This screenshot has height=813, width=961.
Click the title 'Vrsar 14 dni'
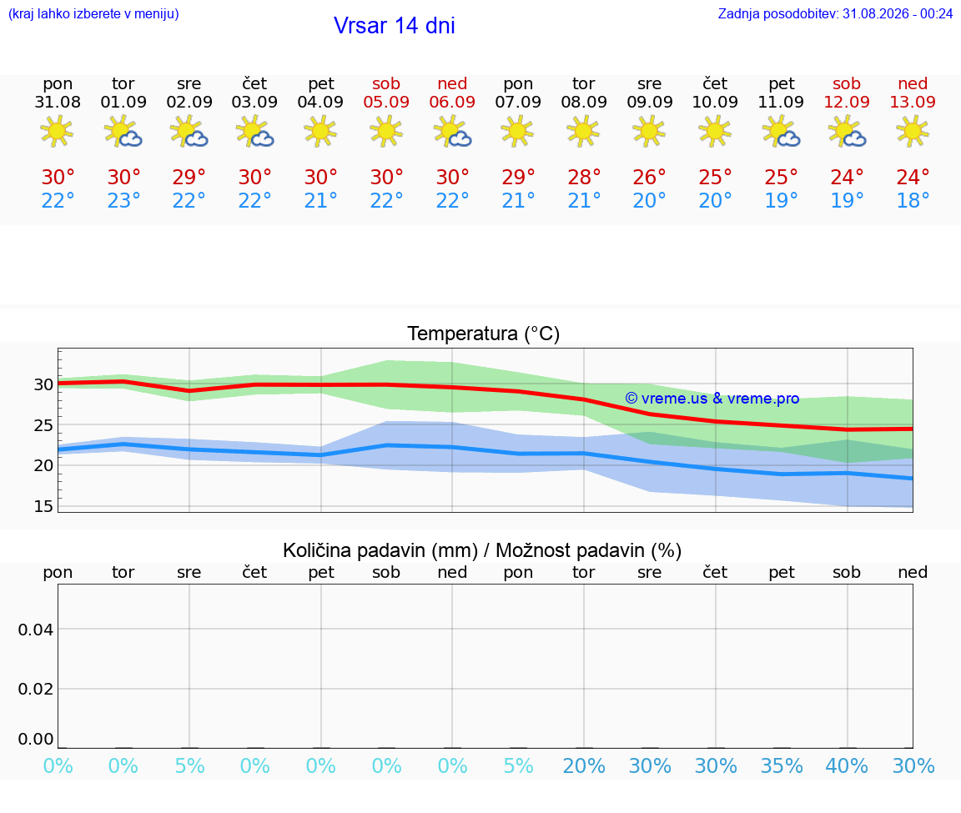click(x=394, y=26)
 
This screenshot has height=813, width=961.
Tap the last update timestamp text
click(x=835, y=13)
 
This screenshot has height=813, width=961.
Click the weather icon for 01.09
click(x=123, y=132)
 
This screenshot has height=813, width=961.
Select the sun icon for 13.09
click(x=913, y=132)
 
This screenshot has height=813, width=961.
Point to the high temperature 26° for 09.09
click(x=649, y=177)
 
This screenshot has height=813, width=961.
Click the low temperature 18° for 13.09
click(x=913, y=200)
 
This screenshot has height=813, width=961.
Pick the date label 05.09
click(x=386, y=102)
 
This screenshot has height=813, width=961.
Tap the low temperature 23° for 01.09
click(x=123, y=200)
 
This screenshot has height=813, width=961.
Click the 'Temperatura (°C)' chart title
click(x=484, y=334)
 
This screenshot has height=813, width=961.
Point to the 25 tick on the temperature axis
click(x=43, y=425)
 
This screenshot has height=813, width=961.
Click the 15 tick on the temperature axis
click(x=43, y=506)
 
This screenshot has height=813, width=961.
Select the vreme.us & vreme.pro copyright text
click(x=712, y=399)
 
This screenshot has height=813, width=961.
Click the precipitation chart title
click(x=482, y=550)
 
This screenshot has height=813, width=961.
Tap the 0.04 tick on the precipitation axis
click(x=36, y=630)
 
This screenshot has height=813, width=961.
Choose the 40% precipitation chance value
click(x=847, y=765)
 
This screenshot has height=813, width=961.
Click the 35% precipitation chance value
click(x=782, y=765)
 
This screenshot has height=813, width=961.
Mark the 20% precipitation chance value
click(x=583, y=765)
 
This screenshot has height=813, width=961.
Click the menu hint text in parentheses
click(x=93, y=13)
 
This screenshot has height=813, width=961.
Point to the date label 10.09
click(x=715, y=102)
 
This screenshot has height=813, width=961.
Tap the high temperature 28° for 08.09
click(x=583, y=177)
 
